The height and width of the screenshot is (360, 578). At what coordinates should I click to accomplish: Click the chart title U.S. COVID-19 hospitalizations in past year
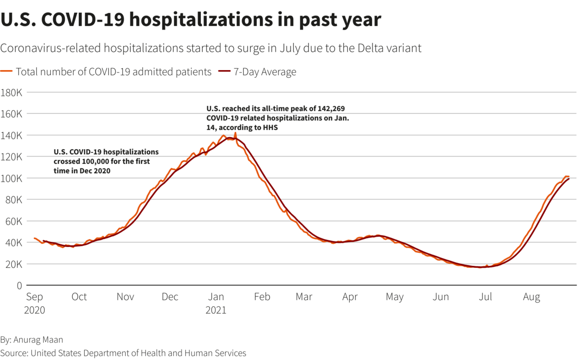pos(191,20)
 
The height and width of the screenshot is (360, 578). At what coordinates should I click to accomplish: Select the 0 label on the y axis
pos(19,286)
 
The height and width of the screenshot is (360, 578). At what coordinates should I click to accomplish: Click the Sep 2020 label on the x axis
pos(35,303)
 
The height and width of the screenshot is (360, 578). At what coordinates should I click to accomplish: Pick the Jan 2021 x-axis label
pos(216,303)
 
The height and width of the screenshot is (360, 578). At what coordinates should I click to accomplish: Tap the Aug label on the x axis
pos(532,297)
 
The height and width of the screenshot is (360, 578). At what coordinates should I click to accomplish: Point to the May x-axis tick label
pos(394,297)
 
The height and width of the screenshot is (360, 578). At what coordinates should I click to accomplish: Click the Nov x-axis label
pos(125,297)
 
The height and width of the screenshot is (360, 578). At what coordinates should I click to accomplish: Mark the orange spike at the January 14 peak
pos(235,134)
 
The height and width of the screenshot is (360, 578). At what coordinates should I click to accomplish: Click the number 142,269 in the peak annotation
pos(332,109)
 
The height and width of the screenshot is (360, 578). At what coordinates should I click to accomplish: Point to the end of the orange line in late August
pos(569,176)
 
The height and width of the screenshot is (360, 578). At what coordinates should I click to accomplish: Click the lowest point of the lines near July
pos(480,267)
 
